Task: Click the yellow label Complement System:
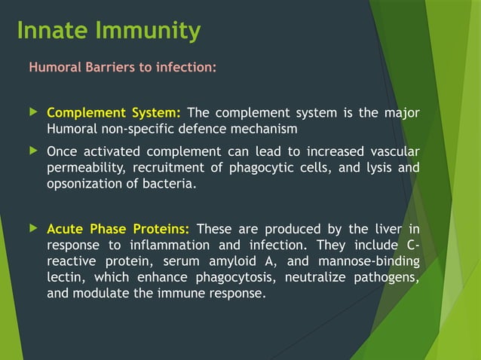114,114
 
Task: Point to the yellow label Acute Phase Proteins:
118,229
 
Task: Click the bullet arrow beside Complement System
32,113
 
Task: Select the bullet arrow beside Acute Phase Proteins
32,228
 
